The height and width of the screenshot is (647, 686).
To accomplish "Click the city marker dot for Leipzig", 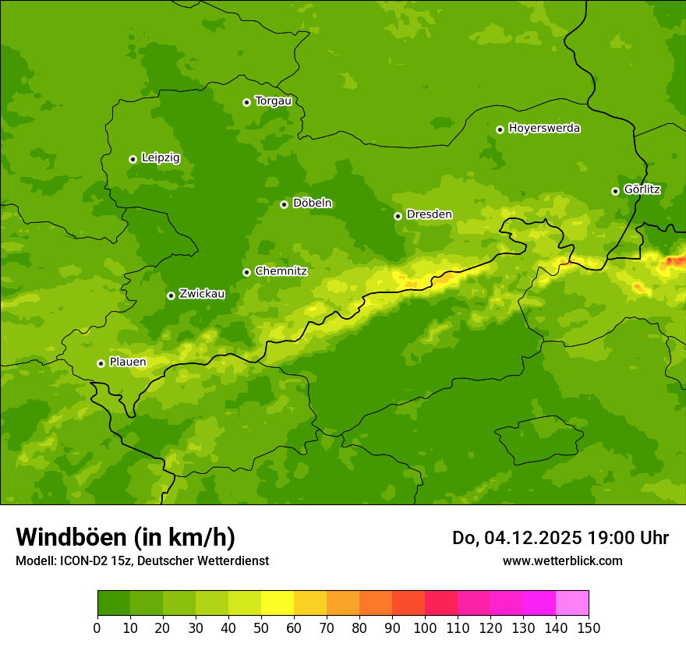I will (x=133, y=159).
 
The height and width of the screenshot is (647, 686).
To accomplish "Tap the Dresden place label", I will (x=429, y=214).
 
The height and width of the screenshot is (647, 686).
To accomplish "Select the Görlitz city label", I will (x=642, y=189).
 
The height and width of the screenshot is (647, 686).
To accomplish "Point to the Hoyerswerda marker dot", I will (x=500, y=129).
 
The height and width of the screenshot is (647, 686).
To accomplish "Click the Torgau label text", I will (x=273, y=101).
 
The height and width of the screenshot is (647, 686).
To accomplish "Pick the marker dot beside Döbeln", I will (x=284, y=204).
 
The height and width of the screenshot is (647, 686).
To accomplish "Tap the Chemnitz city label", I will (x=281, y=271).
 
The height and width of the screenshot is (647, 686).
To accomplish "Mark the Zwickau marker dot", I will (x=171, y=295).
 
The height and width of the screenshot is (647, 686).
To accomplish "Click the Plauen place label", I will (x=128, y=362).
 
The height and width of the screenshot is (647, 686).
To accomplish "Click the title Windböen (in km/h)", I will (x=125, y=538).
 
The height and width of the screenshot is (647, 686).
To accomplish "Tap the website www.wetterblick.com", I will (x=562, y=561).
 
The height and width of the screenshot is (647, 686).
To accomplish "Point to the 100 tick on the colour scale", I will (x=425, y=627).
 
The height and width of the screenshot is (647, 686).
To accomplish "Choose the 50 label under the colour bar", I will (x=261, y=627).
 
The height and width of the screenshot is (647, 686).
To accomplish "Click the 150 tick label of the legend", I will (x=589, y=627).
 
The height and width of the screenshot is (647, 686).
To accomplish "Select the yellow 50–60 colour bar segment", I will (x=278, y=603).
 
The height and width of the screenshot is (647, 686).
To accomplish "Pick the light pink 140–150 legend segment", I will (x=572, y=603).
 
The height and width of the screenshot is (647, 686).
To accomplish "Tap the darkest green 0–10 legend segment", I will (x=114, y=603).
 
